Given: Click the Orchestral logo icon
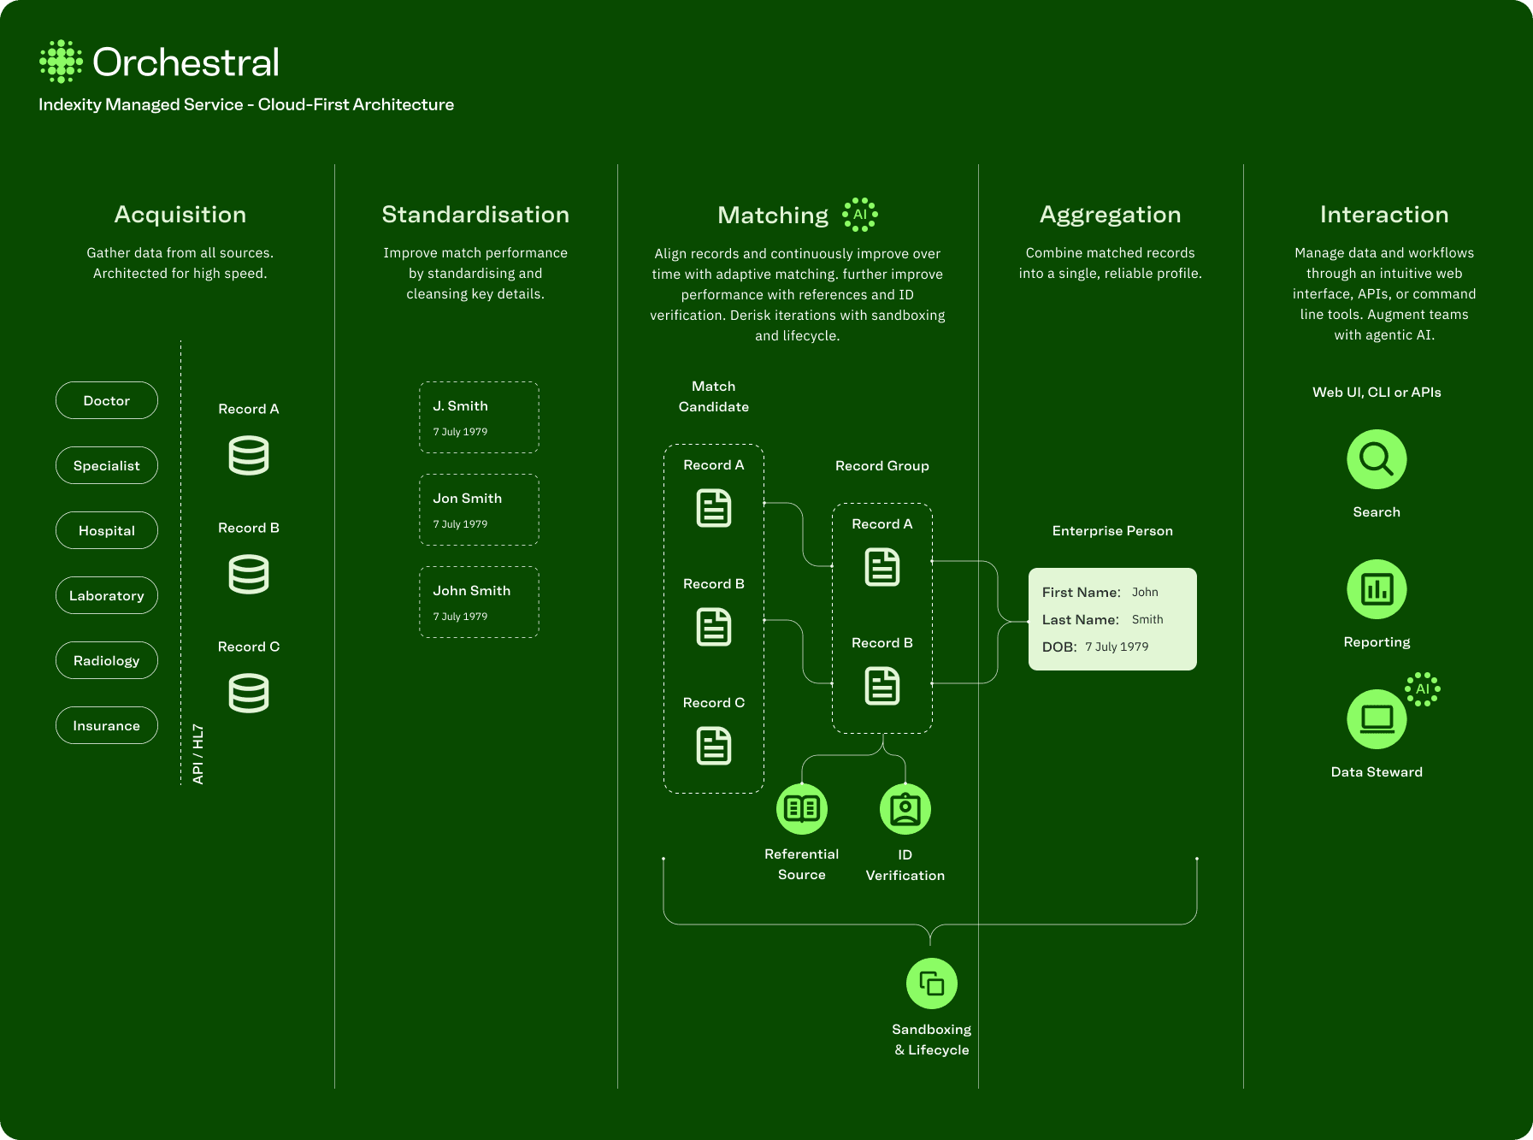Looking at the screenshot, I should point(61,62).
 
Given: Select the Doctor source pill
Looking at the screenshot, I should point(107,400).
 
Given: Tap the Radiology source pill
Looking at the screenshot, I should point(107,660).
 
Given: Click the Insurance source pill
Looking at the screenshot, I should point(107,725).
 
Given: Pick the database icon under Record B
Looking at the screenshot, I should point(249,574).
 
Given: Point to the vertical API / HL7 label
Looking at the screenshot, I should point(198,754).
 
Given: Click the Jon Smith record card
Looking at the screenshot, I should point(479,510).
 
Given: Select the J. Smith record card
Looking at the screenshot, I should point(479,417).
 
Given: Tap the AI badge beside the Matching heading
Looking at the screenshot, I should point(860,215).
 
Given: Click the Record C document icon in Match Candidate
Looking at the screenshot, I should point(714,746).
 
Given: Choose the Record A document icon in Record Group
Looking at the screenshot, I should point(882,567).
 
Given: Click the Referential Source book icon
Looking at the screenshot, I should point(802,808).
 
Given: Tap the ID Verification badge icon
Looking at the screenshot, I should point(905,808).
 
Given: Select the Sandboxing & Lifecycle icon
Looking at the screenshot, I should point(931,983).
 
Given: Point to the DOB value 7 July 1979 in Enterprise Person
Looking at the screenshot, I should point(1117,647).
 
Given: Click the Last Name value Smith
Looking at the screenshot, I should point(1147,619).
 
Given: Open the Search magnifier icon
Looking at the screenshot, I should point(1377,459).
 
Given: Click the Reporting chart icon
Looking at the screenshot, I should point(1377,589).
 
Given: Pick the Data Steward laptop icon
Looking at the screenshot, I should point(1377,719).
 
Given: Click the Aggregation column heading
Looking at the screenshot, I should point(1110,215).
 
